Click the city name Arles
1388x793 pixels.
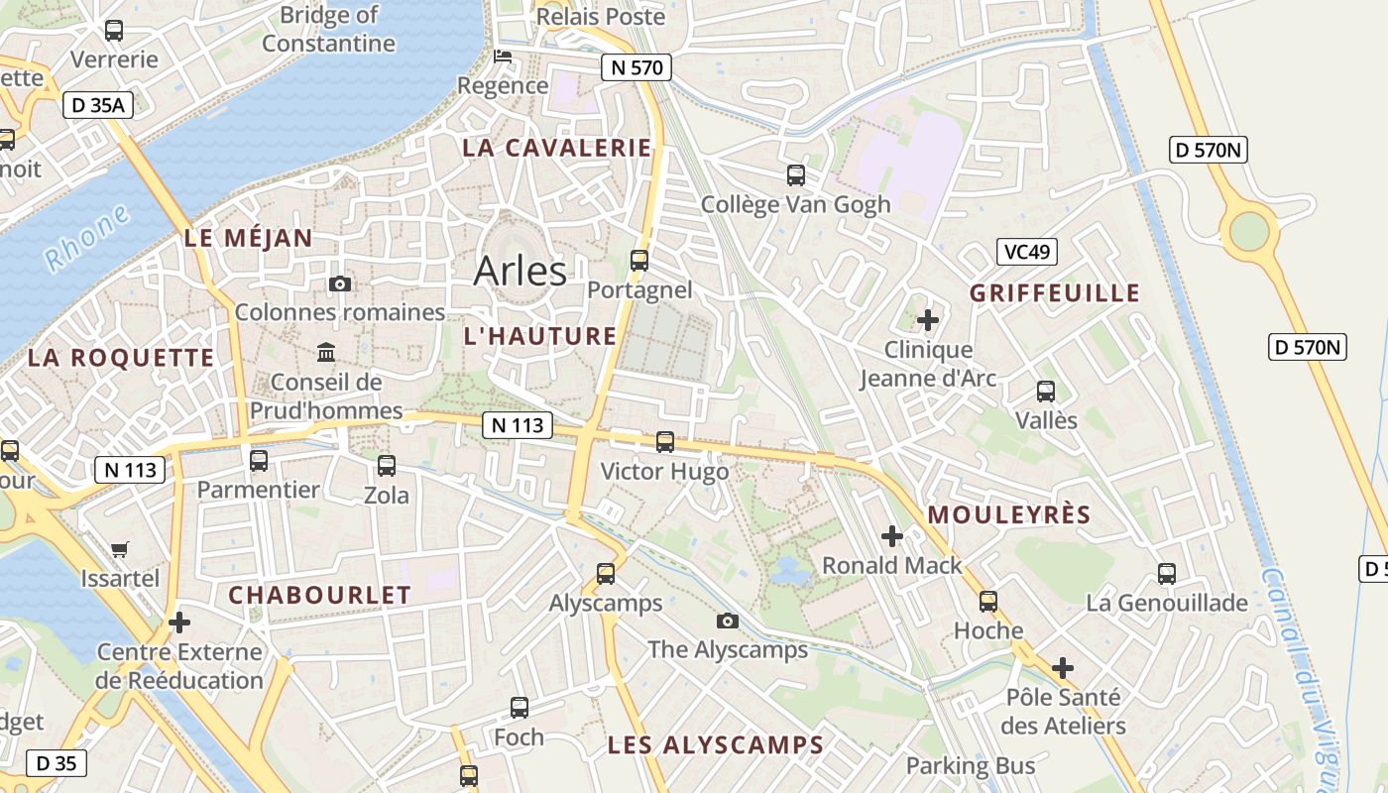(x=520, y=271)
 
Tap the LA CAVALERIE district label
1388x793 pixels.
(x=558, y=148)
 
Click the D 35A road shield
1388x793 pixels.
(x=98, y=104)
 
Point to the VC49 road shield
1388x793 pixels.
(x=1027, y=251)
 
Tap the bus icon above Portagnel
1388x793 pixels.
(x=639, y=261)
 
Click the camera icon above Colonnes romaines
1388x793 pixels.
(x=340, y=284)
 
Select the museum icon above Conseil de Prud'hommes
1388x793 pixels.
(x=326, y=352)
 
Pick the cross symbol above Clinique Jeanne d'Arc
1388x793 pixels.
(x=928, y=320)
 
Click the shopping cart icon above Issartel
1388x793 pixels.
(x=120, y=549)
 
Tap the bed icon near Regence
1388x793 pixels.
(x=504, y=57)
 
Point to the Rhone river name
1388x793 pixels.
(x=87, y=238)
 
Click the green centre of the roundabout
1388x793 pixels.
(x=1249, y=232)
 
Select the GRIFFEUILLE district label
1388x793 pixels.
(x=1055, y=293)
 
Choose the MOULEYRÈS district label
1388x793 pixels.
(x=1009, y=515)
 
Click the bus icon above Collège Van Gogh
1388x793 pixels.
(x=796, y=175)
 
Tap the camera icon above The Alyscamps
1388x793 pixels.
(x=728, y=621)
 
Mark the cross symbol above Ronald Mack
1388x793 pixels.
(x=892, y=536)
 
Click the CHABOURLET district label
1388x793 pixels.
(x=319, y=595)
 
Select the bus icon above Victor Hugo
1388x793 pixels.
(x=665, y=442)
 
